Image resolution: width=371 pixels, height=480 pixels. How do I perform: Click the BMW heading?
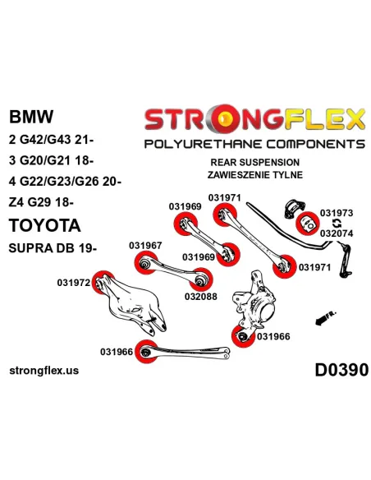pyautogui.click(x=31, y=117)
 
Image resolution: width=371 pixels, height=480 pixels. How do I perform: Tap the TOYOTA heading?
pyautogui.click(x=45, y=225)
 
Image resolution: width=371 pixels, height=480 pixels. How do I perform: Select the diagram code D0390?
pyautogui.click(x=341, y=370)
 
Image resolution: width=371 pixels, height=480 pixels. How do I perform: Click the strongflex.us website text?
pyautogui.click(x=44, y=371)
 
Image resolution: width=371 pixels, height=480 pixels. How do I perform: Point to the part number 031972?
pyautogui.click(x=74, y=283)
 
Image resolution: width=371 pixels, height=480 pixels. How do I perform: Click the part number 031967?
pyautogui.click(x=145, y=246)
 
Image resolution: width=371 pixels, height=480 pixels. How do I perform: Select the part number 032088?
pyautogui.click(x=201, y=297)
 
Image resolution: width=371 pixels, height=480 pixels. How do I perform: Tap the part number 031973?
pyautogui.click(x=337, y=213)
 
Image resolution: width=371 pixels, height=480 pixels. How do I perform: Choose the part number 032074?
pyautogui.click(x=337, y=233)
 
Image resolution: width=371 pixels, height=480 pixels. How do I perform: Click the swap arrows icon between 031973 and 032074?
pyautogui.click(x=337, y=224)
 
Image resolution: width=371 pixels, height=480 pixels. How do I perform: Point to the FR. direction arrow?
pyautogui.click(x=325, y=318)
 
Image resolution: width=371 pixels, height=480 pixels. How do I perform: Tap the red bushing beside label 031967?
pyautogui.click(x=146, y=262)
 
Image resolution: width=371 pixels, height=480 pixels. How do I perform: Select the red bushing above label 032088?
pyautogui.click(x=201, y=279)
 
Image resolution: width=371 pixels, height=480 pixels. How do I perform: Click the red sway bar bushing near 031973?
pyautogui.click(x=308, y=224)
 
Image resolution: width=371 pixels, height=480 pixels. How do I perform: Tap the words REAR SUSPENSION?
pyautogui.click(x=255, y=162)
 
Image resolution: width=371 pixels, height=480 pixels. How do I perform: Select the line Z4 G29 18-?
pyautogui.click(x=41, y=202)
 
